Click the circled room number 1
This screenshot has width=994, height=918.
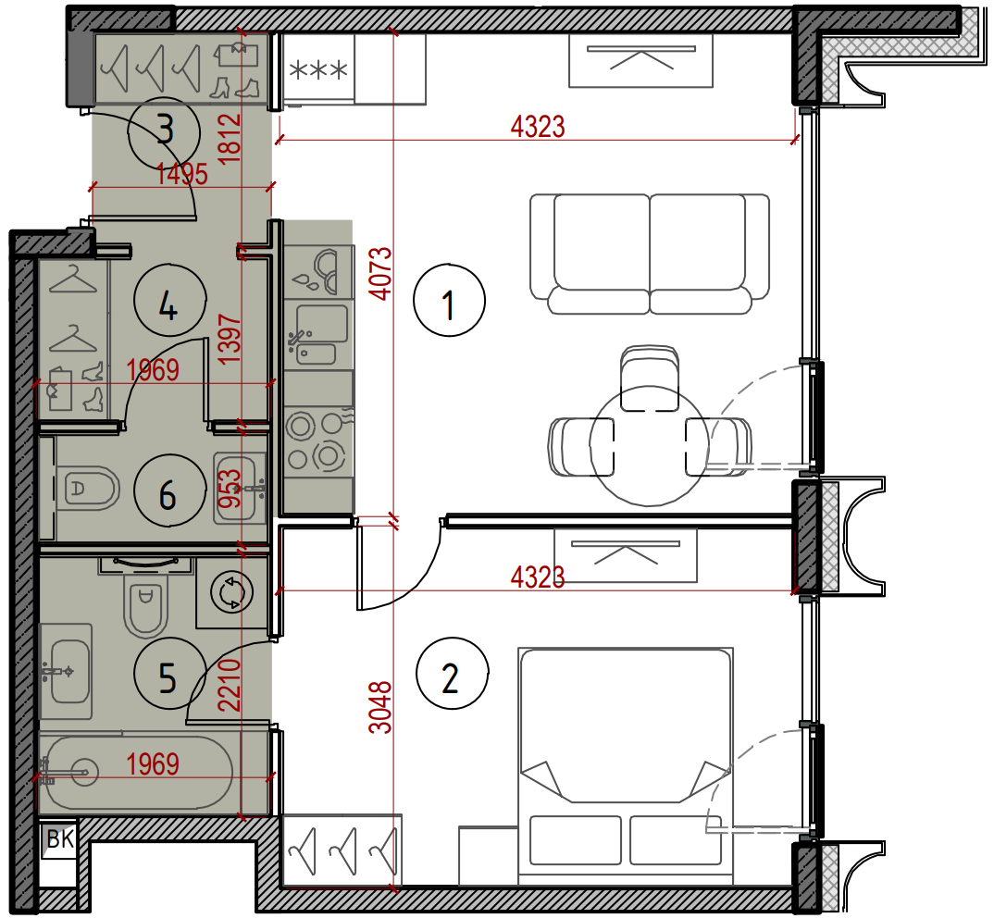click(449, 301)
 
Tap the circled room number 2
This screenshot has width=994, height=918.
click(452, 674)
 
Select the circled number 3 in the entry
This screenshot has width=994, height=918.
click(164, 132)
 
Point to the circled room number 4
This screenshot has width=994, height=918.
click(170, 301)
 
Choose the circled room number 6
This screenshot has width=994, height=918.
click(170, 490)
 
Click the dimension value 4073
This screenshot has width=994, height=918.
click(381, 273)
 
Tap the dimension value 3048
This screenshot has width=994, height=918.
click(381, 708)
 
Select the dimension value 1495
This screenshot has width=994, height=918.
click(181, 174)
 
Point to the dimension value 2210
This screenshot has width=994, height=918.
click(230, 685)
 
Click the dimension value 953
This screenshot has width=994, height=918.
click(230, 489)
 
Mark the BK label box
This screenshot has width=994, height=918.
click(59, 839)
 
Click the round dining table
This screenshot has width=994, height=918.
click(649, 446)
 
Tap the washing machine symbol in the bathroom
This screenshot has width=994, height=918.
click(231, 593)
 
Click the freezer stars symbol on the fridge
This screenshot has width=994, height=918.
click(318, 69)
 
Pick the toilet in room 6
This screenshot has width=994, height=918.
click(88, 489)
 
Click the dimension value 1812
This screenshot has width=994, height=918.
click(230, 139)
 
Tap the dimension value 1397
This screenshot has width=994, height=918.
click(230, 340)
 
